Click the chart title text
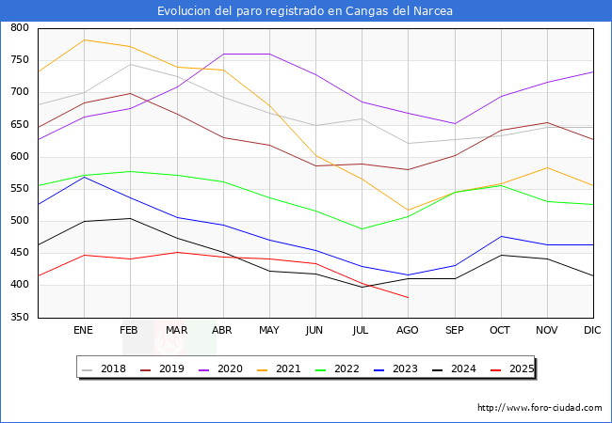click(x=305, y=11)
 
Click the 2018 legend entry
click(x=105, y=368)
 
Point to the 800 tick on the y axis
click(x=19, y=28)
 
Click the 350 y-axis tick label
click(x=19, y=318)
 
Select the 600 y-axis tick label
click(x=19, y=157)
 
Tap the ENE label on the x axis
click(x=84, y=331)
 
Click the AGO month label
click(x=408, y=331)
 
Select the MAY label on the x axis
click(x=269, y=331)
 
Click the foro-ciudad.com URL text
click(x=540, y=408)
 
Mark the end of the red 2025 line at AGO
click(x=408, y=297)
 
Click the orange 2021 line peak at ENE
click(x=85, y=39)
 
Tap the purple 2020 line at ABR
click(x=223, y=54)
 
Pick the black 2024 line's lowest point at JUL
click(x=362, y=287)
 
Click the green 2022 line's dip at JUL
click(x=362, y=228)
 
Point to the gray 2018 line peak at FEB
click(x=131, y=64)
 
